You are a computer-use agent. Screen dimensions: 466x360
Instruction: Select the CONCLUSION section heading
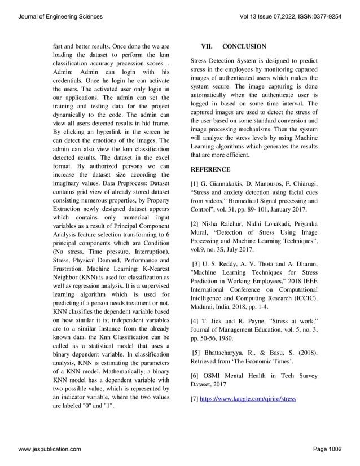click(x=244, y=46)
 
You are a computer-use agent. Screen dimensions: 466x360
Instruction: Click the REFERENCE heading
click(x=210, y=169)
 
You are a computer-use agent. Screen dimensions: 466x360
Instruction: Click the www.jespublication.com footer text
click(x=49, y=449)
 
